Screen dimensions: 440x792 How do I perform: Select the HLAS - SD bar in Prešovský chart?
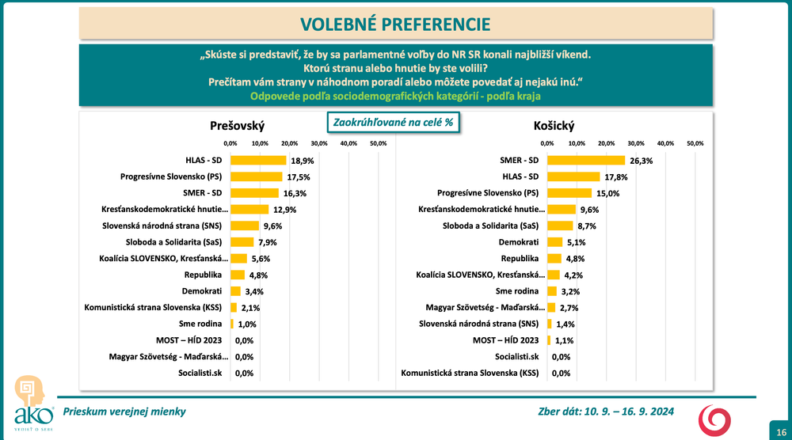tap(258, 160)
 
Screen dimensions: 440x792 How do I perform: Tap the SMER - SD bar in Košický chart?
tap(585, 160)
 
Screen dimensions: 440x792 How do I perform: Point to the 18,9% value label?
tap(301, 160)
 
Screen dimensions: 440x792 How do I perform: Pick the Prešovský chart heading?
tap(238, 126)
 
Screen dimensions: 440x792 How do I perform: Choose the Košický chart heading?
tap(554, 126)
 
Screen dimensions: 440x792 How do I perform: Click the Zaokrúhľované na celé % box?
tap(394, 123)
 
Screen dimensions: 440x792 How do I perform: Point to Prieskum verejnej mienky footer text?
tap(124, 412)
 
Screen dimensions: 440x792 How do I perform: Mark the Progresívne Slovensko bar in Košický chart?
tap(569, 192)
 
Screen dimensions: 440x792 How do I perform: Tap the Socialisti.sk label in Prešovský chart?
tap(200, 373)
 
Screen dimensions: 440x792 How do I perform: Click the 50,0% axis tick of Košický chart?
tap(695, 143)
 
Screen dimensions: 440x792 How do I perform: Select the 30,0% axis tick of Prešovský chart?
tap(318, 143)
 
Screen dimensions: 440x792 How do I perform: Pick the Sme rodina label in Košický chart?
tap(518, 291)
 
